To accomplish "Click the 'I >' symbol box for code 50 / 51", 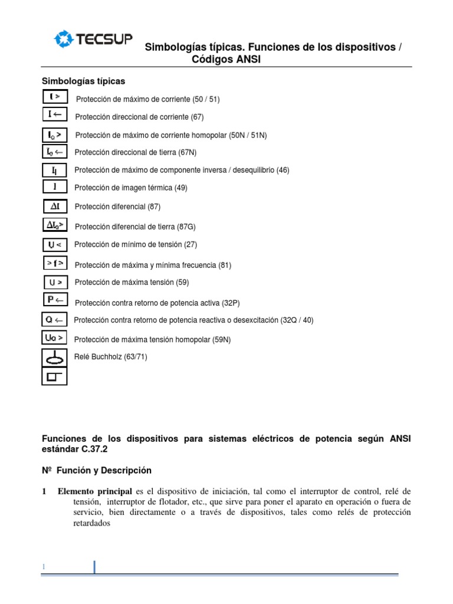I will [x=55, y=97].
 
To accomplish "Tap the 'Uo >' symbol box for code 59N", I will [x=55, y=338].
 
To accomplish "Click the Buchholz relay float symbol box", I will [x=54, y=357].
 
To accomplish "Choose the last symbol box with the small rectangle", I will [x=54, y=376].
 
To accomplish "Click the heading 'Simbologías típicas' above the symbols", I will [x=83, y=81].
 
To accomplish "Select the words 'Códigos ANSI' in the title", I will [x=226, y=60].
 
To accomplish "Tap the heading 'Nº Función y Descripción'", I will [x=97, y=470].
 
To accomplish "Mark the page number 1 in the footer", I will [x=43, y=567].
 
